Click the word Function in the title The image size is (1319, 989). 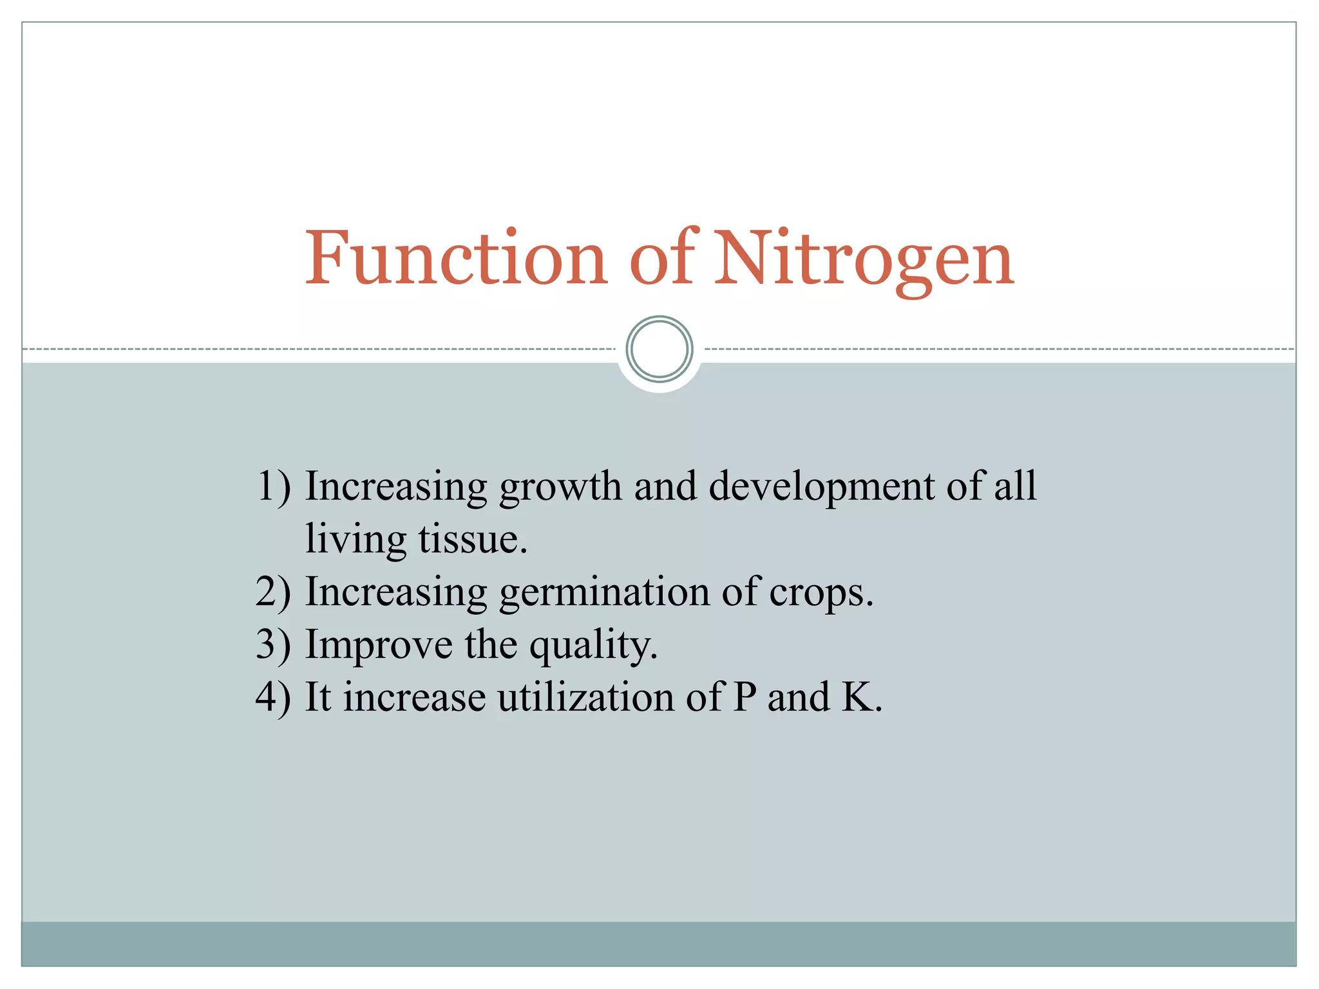[x=455, y=259]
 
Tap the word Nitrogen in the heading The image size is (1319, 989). [x=864, y=259]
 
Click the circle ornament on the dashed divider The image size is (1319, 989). [x=659, y=349]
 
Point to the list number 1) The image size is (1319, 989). [x=273, y=486]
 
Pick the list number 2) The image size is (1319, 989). [x=273, y=592]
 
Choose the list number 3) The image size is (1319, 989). [x=273, y=645]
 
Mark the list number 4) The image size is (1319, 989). [x=273, y=697]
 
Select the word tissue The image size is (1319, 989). [x=472, y=540]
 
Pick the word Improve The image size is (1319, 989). [x=379, y=646]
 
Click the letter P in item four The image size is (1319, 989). [x=745, y=697]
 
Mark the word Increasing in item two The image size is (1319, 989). [x=395, y=593]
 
